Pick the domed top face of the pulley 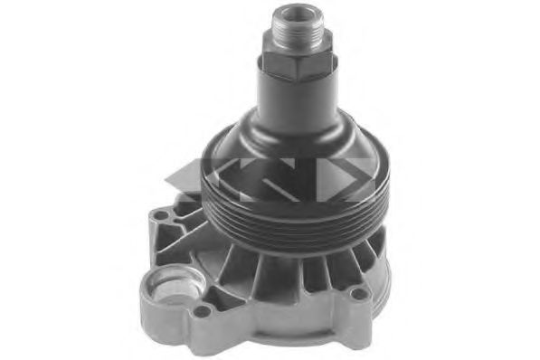(226, 158)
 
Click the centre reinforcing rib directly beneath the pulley (271, 271)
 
